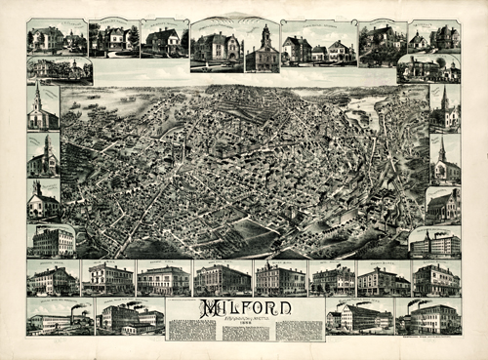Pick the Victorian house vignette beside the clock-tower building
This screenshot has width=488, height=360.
click(x=217, y=46)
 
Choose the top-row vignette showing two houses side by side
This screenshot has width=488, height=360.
click(x=318, y=44)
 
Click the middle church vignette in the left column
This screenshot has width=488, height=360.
click(x=43, y=155)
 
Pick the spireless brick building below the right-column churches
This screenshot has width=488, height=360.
click(x=442, y=205)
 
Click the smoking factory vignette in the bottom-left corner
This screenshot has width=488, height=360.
click(x=60, y=317)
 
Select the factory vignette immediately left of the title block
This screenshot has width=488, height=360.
click(x=130, y=317)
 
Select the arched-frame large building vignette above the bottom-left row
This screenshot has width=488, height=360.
click(x=52, y=240)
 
